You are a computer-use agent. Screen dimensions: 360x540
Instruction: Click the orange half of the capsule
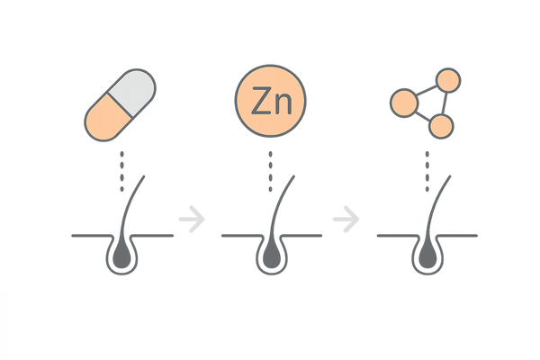pos(106,118)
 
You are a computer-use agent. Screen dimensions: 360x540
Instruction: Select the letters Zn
pos(269,103)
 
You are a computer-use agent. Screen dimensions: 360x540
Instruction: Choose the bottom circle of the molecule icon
pos(439,126)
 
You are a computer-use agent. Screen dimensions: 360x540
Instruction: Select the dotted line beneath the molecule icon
pos(427,171)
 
